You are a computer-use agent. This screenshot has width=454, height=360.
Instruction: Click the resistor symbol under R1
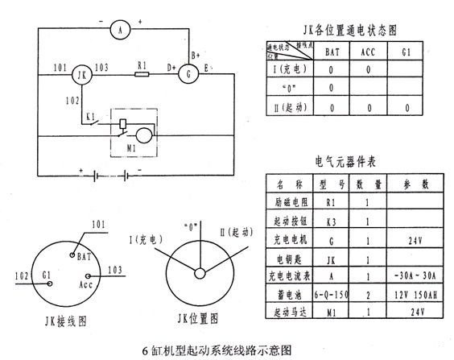142,75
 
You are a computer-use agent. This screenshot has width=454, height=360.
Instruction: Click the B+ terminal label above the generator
196,55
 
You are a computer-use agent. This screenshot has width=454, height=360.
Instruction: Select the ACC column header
368,51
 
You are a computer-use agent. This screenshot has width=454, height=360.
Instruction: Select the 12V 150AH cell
413,294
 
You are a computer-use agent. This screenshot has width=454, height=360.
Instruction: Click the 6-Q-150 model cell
327,294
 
